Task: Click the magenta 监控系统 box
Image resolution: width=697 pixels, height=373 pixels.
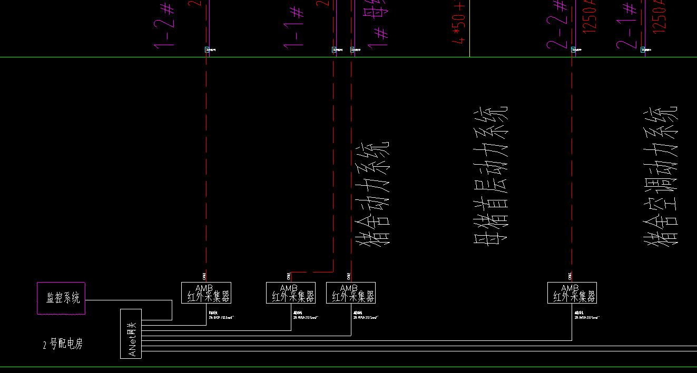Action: pos(61,298)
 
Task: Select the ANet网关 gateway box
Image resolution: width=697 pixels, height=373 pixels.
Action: pos(131,334)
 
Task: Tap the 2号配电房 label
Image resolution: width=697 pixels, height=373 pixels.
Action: pos(63,345)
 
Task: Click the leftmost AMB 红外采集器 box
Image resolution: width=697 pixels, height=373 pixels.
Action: pos(206,293)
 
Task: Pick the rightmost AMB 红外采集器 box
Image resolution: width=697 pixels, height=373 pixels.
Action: pos(572,293)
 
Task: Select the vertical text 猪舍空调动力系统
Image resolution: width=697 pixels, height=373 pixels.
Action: pos(661,176)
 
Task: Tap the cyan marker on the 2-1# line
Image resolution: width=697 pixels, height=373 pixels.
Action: pos(643,49)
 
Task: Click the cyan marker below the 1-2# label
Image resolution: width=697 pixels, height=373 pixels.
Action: pos(208,50)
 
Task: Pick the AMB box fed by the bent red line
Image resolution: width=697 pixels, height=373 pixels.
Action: pos(291,293)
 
